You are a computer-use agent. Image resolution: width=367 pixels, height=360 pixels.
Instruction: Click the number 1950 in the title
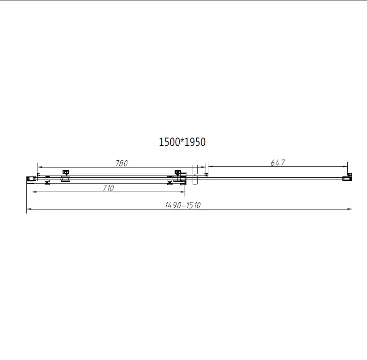(x=195, y=142)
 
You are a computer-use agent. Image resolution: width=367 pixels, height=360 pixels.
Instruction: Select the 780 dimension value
(x=122, y=163)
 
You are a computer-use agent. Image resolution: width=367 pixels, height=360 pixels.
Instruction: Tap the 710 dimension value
(x=108, y=188)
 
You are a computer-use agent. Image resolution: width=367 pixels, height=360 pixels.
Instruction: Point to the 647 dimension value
(x=278, y=163)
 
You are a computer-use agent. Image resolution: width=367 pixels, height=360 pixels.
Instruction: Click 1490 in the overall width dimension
(x=173, y=205)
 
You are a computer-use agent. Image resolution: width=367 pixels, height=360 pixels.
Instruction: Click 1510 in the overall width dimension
(x=193, y=205)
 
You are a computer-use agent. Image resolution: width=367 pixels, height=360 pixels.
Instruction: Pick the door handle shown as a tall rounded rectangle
(x=194, y=174)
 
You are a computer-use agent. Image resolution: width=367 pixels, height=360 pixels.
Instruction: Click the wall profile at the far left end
(x=30, y=179)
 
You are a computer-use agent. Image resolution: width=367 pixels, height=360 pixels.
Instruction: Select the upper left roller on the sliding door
(x=66, y=172)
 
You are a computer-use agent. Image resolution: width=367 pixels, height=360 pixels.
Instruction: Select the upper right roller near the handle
(x=178, y=172)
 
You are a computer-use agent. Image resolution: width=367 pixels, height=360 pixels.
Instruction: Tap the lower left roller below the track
(x=47, y=182)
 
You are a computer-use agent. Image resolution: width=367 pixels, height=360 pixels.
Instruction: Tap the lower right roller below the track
(x=170, y=182)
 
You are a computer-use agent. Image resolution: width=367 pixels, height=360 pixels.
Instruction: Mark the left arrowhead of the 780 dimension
(x=39, y=167)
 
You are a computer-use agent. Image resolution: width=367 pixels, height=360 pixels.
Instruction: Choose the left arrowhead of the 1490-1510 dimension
(x=29, y=209)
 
